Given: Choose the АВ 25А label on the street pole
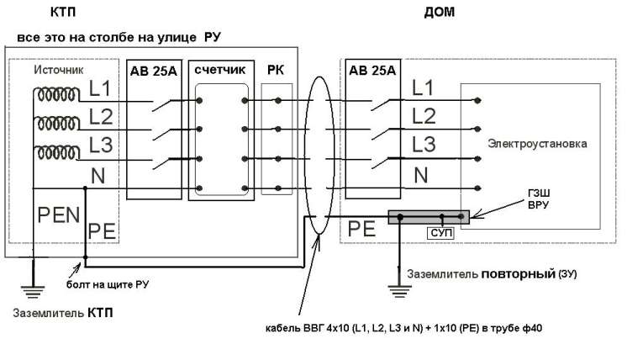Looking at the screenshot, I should (154, 70).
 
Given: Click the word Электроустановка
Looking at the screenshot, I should (535, 144).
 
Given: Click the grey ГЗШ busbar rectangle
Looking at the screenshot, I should (429, 217).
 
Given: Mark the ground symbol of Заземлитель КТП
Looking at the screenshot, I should (33, 291).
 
